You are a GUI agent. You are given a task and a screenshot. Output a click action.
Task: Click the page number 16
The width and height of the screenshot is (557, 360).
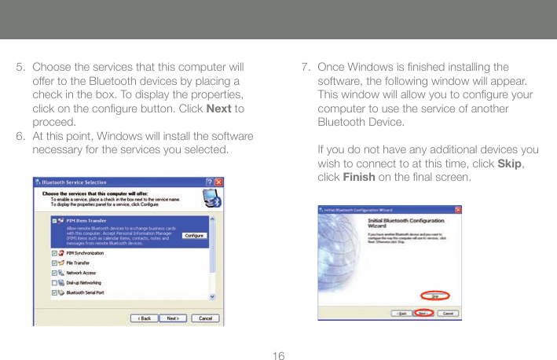tap(277, 356)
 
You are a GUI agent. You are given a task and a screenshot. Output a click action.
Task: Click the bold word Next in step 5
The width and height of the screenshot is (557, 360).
tap(217, 108)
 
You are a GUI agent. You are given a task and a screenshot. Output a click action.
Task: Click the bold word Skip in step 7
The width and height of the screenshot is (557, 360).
tap(511, 163)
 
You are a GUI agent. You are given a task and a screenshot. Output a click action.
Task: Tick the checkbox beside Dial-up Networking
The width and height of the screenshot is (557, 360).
tap(54, 282)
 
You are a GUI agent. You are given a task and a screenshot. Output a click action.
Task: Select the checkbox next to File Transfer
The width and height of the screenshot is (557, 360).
tap(54, 263)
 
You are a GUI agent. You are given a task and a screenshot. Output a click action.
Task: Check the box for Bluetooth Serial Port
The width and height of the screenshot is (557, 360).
tap(54, 292)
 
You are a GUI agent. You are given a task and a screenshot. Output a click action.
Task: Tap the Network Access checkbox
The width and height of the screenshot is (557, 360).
tap(54, 273)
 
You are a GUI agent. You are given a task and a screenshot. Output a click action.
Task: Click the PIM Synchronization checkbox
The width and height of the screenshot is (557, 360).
tap(54, 253)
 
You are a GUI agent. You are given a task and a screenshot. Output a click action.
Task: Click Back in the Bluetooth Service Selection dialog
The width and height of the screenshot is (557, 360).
tap(145, 318)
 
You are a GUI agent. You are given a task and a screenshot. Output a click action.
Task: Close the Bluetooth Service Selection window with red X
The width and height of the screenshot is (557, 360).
tap(219, 182)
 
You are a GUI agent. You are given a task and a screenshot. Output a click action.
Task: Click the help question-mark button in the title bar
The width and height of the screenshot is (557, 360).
tap(208, 182)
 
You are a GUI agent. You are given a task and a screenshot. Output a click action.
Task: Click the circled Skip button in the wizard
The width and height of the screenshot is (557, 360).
tap(434, 296)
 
